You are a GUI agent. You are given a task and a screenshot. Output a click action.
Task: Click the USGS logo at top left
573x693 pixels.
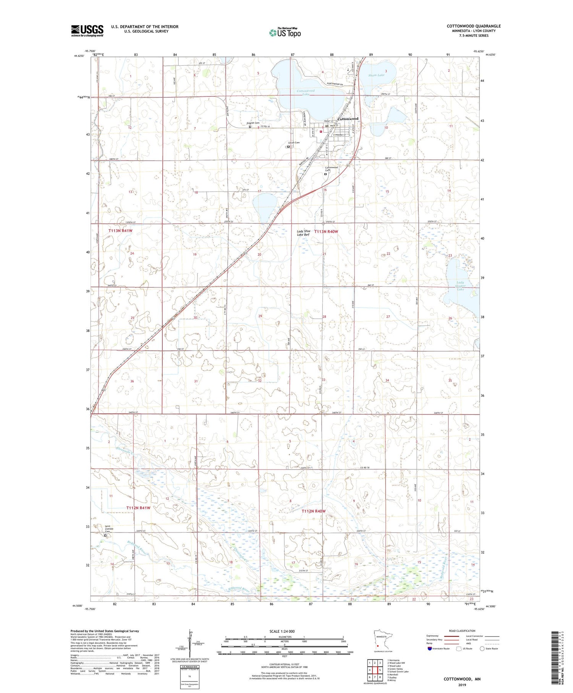coord(87,31)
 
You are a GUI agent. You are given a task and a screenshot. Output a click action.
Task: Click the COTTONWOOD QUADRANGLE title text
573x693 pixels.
coord(474,26)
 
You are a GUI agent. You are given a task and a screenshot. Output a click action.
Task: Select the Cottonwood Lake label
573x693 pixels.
coord(306,92)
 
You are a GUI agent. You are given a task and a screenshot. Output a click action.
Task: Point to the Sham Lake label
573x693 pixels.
coord(376,75)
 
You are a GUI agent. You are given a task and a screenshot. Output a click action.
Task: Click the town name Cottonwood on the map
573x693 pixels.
coord(348,119)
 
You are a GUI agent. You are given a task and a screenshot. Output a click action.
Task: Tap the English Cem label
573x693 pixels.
coord(253,123)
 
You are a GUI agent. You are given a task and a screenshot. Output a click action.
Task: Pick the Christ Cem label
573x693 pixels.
coord(294,143)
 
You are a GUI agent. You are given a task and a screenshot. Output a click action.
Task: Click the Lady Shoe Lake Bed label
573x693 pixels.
coord(303,233)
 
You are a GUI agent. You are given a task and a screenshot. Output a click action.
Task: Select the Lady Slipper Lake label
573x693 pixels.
coord(461,286)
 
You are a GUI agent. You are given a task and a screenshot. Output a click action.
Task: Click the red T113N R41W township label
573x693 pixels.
coord(120,231)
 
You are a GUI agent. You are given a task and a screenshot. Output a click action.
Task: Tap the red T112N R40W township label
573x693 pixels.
coord(314,511)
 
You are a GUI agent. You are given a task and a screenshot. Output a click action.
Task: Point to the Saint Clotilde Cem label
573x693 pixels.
coord(110,529)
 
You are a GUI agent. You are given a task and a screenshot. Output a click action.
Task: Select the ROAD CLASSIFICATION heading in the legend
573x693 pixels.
coord(462,631)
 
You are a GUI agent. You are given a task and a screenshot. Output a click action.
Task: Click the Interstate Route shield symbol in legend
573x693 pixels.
coord(430,649)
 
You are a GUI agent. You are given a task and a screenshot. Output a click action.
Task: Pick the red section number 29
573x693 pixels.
coord(260,316)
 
